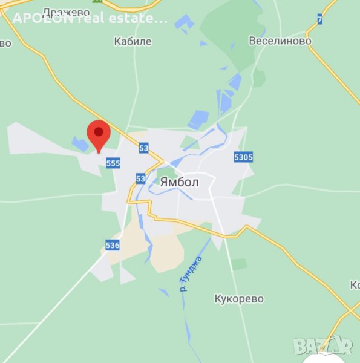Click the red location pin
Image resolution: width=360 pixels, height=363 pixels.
tap(99, 134)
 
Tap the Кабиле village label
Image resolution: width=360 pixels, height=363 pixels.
tap(133, 42)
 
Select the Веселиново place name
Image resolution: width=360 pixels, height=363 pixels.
tap(280, 41)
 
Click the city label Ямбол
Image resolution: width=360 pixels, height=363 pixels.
tap(180, 181)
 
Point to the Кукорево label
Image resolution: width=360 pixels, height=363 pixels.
tap(239, 299)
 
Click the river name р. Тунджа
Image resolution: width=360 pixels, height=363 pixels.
tap(191, 273)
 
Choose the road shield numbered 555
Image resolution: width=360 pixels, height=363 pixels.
tap(113, 163)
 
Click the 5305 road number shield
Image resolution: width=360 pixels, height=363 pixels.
tap(243, 158)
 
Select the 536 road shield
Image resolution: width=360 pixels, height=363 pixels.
tap(112, 245)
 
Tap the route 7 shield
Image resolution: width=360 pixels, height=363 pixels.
tap(319, 19)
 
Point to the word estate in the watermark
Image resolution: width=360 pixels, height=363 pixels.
tap(141, 18)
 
